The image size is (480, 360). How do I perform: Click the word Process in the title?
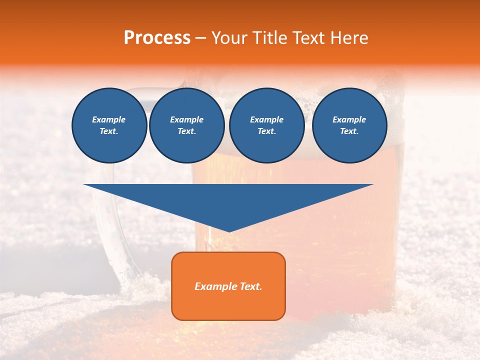click(x=157, y=38)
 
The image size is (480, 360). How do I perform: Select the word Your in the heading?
click(x=229, y=38)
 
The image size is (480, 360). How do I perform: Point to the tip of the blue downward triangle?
click(x=228, y=230)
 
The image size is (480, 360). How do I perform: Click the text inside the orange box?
click(x=228, y=286)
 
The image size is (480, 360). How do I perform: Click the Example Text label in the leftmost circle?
click(x=109, y=125)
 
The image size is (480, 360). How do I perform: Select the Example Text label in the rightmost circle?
click(x=349, y=125)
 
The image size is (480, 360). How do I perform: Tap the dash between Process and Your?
click(x=201, y=38)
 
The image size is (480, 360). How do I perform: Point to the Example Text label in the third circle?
click(x=266, y=125)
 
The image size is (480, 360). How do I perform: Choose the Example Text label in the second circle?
click(x=186, y=125)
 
